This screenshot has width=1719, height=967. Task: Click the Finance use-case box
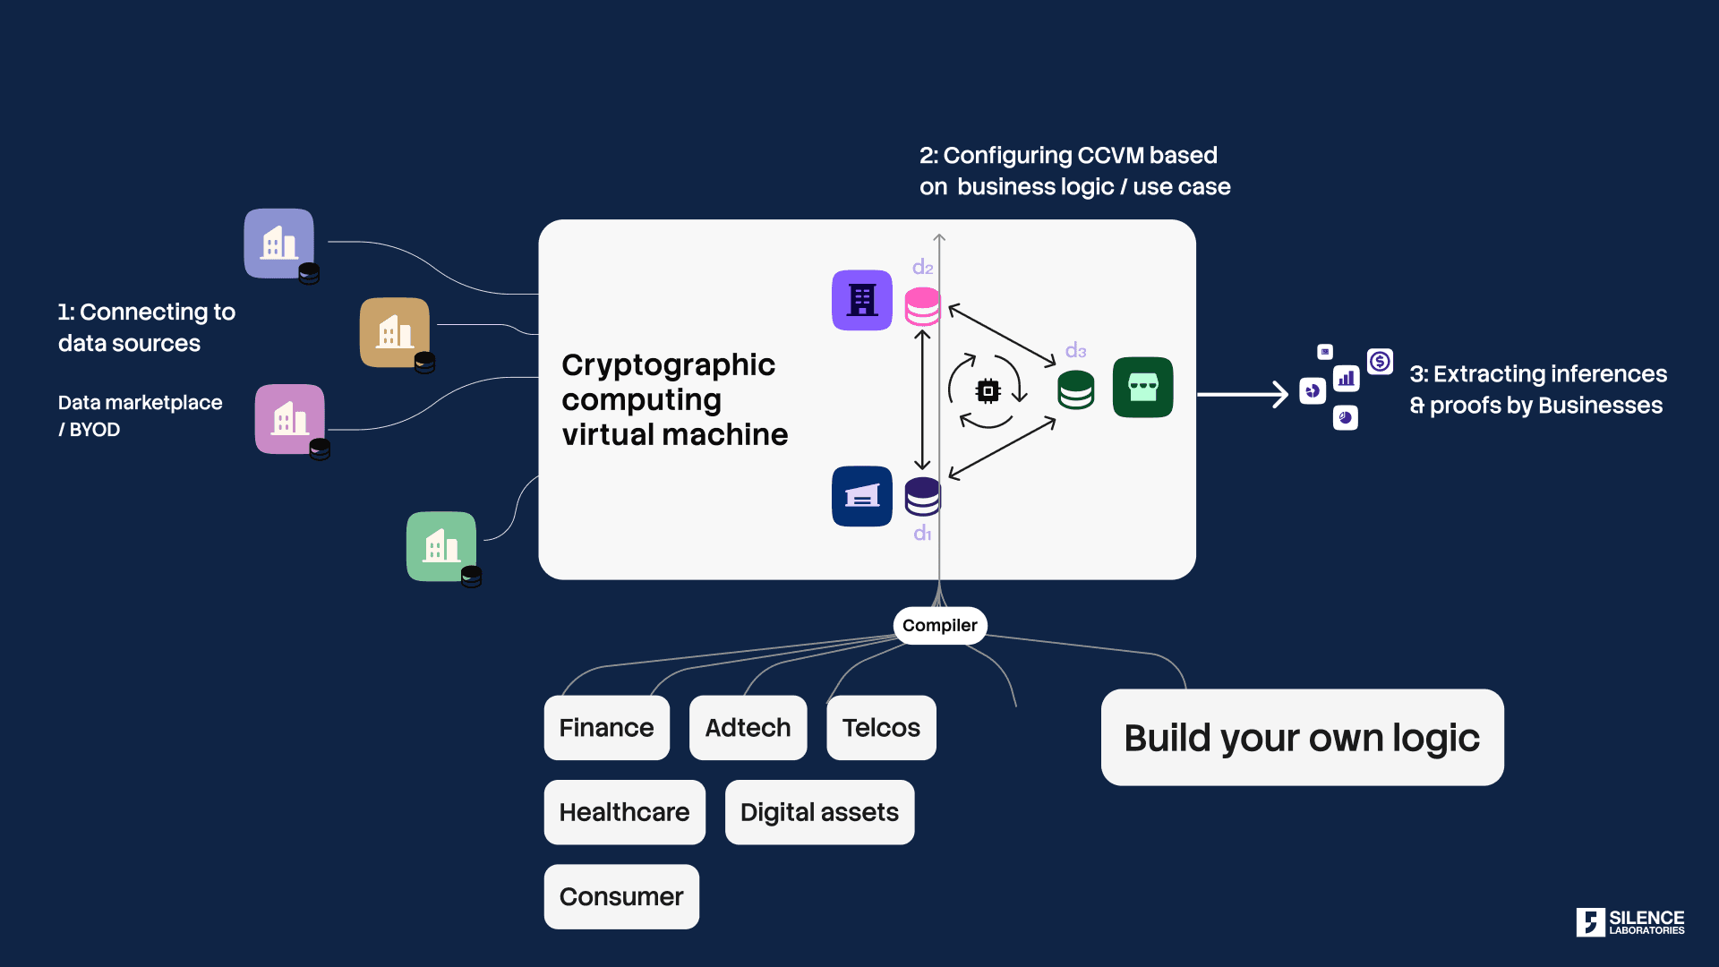pos(606,728)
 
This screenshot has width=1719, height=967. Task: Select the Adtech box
pos(748,728)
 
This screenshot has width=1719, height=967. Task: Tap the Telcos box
pos(881,728)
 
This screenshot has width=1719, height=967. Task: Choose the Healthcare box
pos(624,812)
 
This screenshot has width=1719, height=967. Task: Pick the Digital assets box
pos(819,812)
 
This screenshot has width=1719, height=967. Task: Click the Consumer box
pos(621,896)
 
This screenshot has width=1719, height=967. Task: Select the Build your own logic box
pos(1302,738)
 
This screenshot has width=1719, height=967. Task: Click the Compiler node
pos(940,625)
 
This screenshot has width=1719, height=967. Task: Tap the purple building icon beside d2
pos(862,300)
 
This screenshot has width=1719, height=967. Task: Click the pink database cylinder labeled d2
pos(922,306)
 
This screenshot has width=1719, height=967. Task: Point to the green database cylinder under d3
pos(1075,389)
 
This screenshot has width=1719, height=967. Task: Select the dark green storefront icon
pos(1142,387)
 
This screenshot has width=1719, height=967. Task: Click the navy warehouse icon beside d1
pos(862,496)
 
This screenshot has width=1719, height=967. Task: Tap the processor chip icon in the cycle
pos(988,390)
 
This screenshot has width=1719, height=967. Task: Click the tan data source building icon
pos(394,332)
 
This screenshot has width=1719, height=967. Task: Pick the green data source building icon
pos(441,546)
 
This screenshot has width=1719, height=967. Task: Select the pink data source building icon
pos(289,419)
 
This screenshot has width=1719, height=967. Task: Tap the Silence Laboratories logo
pos(1629,922)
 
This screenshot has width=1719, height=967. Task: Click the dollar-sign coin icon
pos(1380,361)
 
